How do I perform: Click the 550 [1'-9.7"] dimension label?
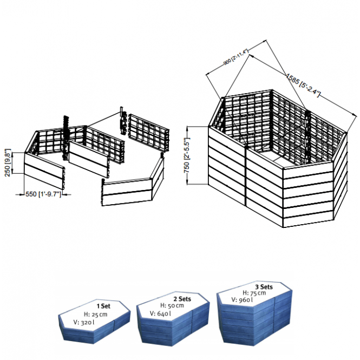43,194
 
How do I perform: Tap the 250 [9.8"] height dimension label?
8,162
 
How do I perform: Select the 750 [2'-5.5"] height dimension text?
187,155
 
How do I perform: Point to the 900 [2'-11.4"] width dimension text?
236,57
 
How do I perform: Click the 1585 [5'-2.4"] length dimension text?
303,85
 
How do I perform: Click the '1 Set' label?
103,306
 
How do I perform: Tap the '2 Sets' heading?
182,299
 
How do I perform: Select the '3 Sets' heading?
264,287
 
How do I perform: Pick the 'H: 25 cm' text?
95,315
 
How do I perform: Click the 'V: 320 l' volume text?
84,322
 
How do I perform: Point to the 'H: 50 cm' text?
172,305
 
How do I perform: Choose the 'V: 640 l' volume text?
160,313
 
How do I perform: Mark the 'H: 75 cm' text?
254,293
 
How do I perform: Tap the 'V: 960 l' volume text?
242,299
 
